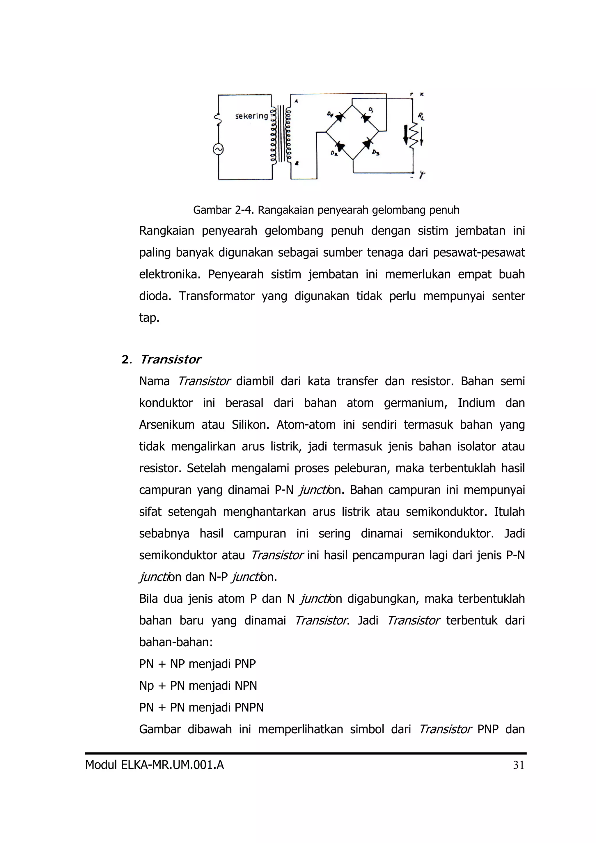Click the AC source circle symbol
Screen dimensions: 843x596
[219, 149]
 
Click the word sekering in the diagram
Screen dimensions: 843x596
[251, 116]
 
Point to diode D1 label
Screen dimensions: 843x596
[371, 109]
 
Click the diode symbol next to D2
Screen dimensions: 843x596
[340, 146]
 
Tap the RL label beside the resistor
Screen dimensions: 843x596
[421, 116]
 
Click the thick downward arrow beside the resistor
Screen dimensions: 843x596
[405, 135]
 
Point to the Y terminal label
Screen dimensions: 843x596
[422, 175]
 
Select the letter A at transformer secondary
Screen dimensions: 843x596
[296, 101]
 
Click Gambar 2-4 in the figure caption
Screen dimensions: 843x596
[223, 210]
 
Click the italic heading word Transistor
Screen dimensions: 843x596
[171, 359]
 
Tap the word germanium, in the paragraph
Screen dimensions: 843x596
[415, 403]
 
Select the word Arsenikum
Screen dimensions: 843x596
[167, 425]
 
